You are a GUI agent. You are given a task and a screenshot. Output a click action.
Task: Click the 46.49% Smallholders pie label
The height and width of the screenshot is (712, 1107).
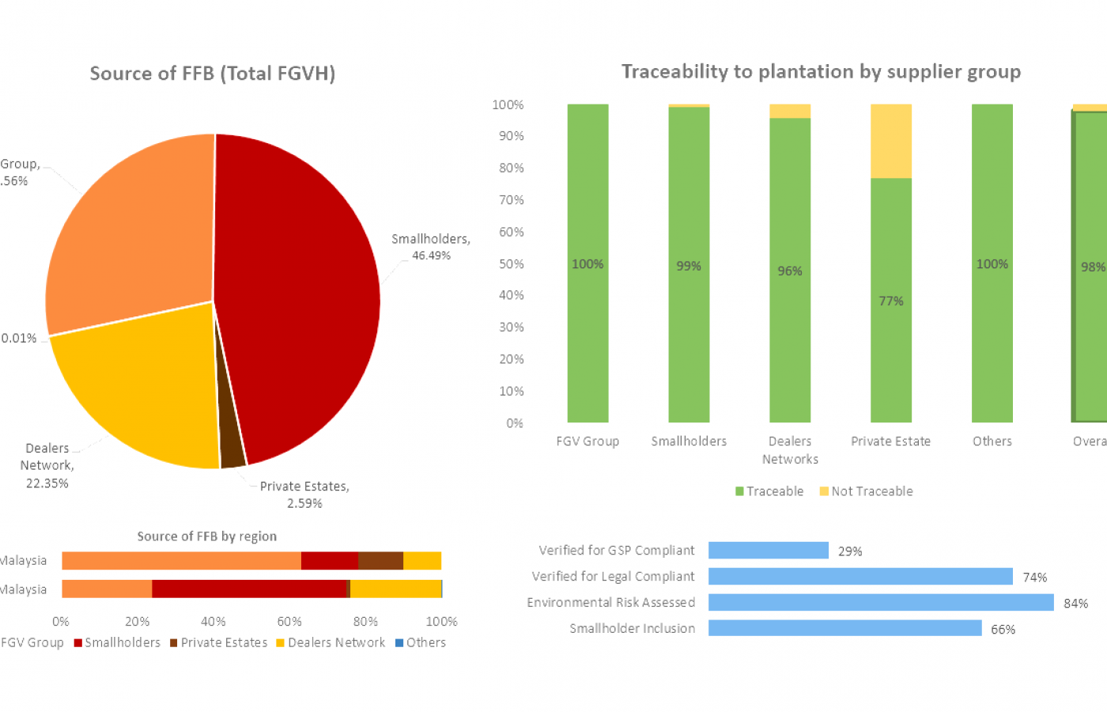tap(431, 247)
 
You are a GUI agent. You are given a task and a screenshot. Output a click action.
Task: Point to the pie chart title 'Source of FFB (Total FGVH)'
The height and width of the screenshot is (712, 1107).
tap(213, 74)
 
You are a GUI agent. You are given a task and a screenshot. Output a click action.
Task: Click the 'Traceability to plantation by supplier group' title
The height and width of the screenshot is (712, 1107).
tap(821, 72)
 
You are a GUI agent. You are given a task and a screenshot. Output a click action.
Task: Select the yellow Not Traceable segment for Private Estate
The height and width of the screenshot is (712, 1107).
tap(891, 141)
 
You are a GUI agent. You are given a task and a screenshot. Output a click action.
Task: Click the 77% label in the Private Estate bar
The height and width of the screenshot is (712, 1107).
tap(891, 301)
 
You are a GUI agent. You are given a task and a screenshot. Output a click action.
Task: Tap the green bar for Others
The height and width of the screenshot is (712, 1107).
tap(992, 316)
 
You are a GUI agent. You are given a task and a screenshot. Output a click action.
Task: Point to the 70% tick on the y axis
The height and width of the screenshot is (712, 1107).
tap(511, 200)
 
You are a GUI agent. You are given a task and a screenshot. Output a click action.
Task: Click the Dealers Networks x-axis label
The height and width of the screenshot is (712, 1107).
tap(790, 450)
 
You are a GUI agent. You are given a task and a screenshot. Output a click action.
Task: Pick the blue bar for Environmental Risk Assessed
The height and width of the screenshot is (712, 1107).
tap(881, 603)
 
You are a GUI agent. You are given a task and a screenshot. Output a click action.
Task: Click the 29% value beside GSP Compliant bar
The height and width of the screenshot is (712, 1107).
tap(850, 551)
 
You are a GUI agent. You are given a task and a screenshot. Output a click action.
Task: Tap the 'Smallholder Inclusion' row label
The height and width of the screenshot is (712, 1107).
tap(632, 629)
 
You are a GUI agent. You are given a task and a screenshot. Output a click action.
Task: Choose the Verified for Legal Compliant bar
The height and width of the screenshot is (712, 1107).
tap(860, 577)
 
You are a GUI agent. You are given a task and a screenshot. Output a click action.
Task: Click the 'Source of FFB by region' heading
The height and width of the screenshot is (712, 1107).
tap(207, 536)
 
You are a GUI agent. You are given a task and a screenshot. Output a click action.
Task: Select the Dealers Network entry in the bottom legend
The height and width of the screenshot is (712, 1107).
tap(331, 642)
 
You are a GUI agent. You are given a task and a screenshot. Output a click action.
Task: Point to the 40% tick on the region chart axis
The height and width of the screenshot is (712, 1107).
tap(213, 622)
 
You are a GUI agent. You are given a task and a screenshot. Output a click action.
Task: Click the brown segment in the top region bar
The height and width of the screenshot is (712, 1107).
tap(380, 561)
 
